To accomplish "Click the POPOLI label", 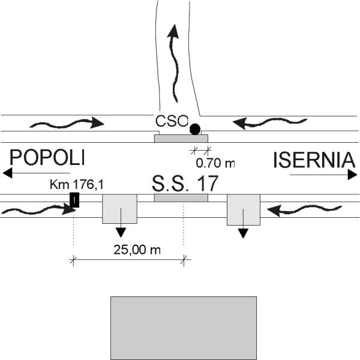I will (47, 157).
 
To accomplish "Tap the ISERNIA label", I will (311, 160).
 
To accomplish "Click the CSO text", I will (172, 121).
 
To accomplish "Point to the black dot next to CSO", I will (194, 129).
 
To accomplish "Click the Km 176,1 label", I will (76, 184).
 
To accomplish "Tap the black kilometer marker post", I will (74, 200).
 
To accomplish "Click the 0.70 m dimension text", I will (215, 162).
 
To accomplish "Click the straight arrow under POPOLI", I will (37, 173).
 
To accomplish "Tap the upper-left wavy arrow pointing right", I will (66, 124).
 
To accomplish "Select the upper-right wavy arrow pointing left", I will (269, 123).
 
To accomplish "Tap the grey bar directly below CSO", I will (181, 139).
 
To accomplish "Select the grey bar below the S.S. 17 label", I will (181, 198).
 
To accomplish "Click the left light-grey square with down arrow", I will (120, 209).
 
